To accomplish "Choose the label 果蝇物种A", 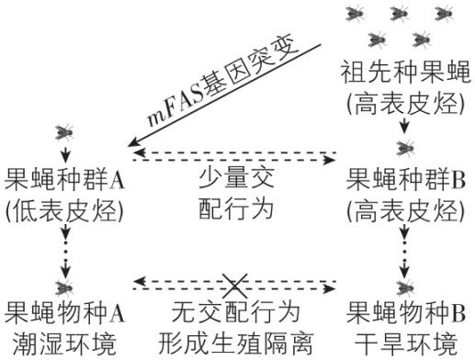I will [x=65, y=311].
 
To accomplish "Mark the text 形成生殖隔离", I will [x=236, y=343].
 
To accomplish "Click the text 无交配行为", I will [x=236, y=311].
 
